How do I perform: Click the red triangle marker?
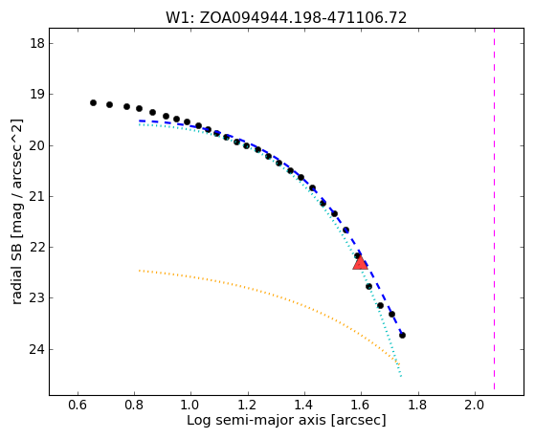click(360, 262)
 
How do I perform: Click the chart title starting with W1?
click(286, 17)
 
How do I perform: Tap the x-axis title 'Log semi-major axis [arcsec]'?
click(286, 420)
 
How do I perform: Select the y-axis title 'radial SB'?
click(17, 212)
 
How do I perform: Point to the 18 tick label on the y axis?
click(36, 44)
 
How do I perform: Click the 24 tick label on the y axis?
click(36, 350)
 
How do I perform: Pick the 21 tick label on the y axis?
click(36, 197)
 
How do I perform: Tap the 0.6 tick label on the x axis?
click(78, 405)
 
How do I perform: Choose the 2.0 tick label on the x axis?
click(475, 405)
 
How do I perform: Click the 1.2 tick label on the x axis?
click(248, 405)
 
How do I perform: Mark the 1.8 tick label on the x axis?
click(418, 405)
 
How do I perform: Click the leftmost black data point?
click(93, 102)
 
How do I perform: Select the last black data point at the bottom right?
click(402, 336)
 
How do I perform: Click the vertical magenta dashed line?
click(494, 209)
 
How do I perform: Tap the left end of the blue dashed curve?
click(139, 121)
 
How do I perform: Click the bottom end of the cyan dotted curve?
click(401, 376)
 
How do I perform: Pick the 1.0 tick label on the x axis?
click(191, 405)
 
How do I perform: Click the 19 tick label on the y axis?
click(36, 94)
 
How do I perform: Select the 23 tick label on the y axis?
click(36, 298)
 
